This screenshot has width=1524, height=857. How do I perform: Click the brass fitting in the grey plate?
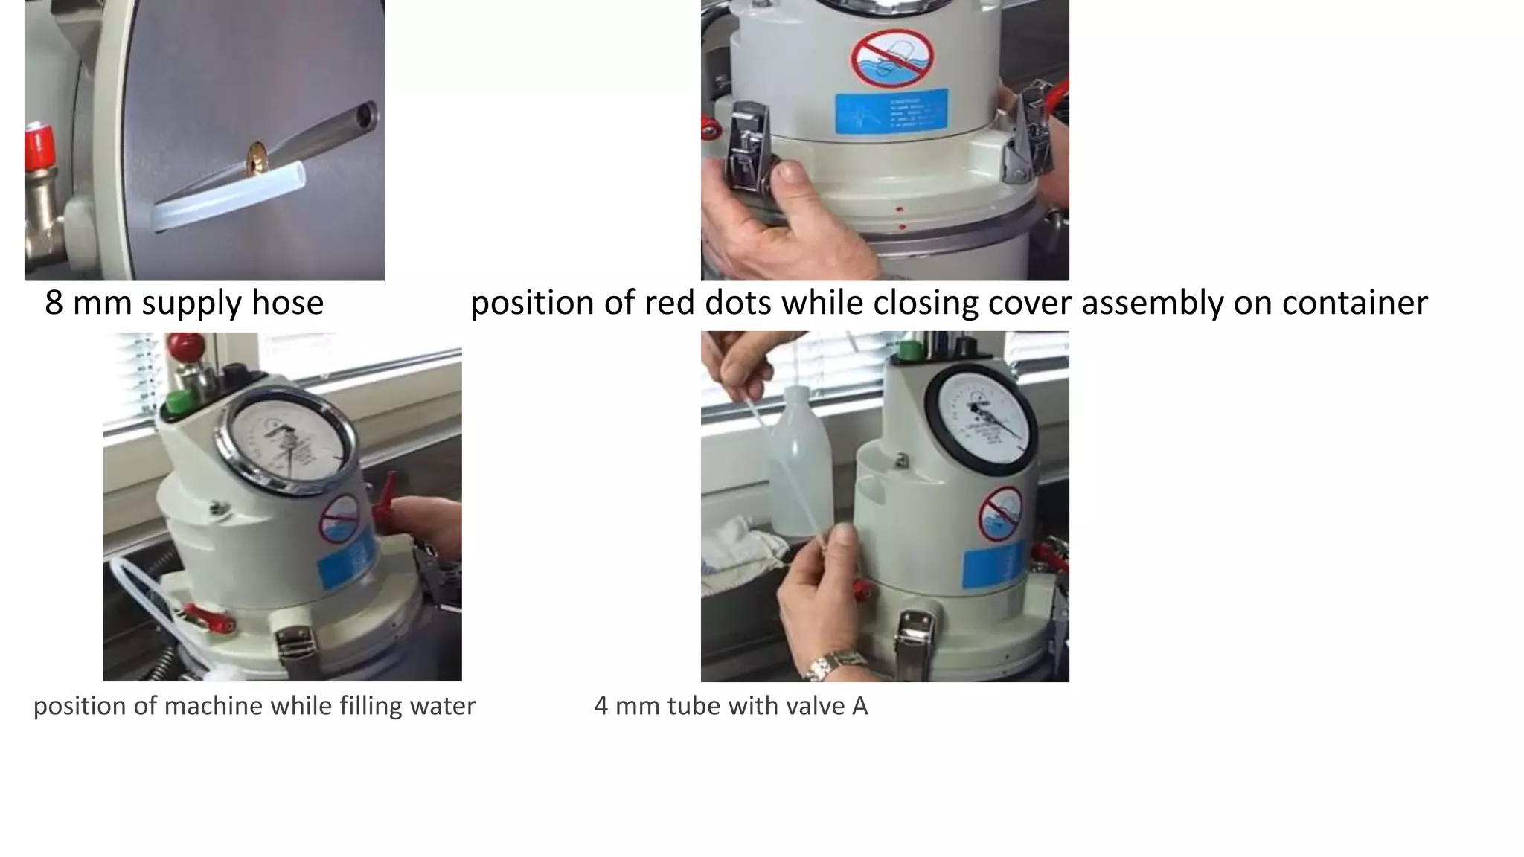[x=257, y=159]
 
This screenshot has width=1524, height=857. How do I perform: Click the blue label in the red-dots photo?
[x=891, y=111]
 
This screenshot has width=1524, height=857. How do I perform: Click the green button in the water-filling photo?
[x=176, y=402]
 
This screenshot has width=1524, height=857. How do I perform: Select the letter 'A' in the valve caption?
[x=859, y=706]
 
